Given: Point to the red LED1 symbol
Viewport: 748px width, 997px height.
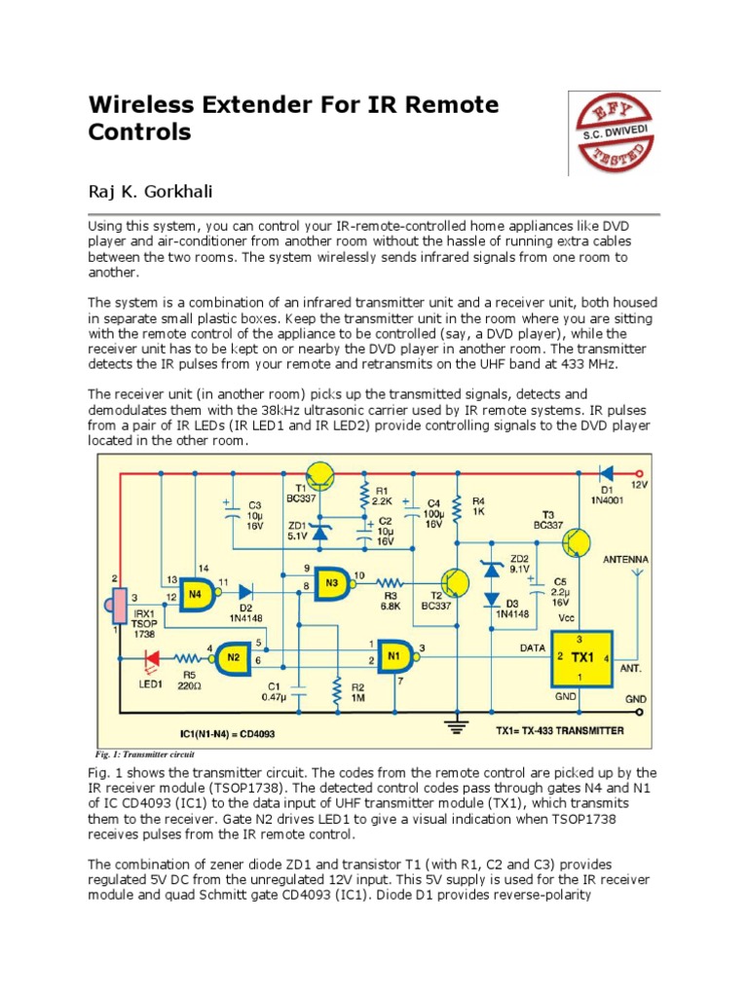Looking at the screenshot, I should point(149,659).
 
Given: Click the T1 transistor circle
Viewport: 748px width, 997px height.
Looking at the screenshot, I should point(319,477).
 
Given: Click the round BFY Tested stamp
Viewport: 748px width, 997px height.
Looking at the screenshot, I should point(615,132).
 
